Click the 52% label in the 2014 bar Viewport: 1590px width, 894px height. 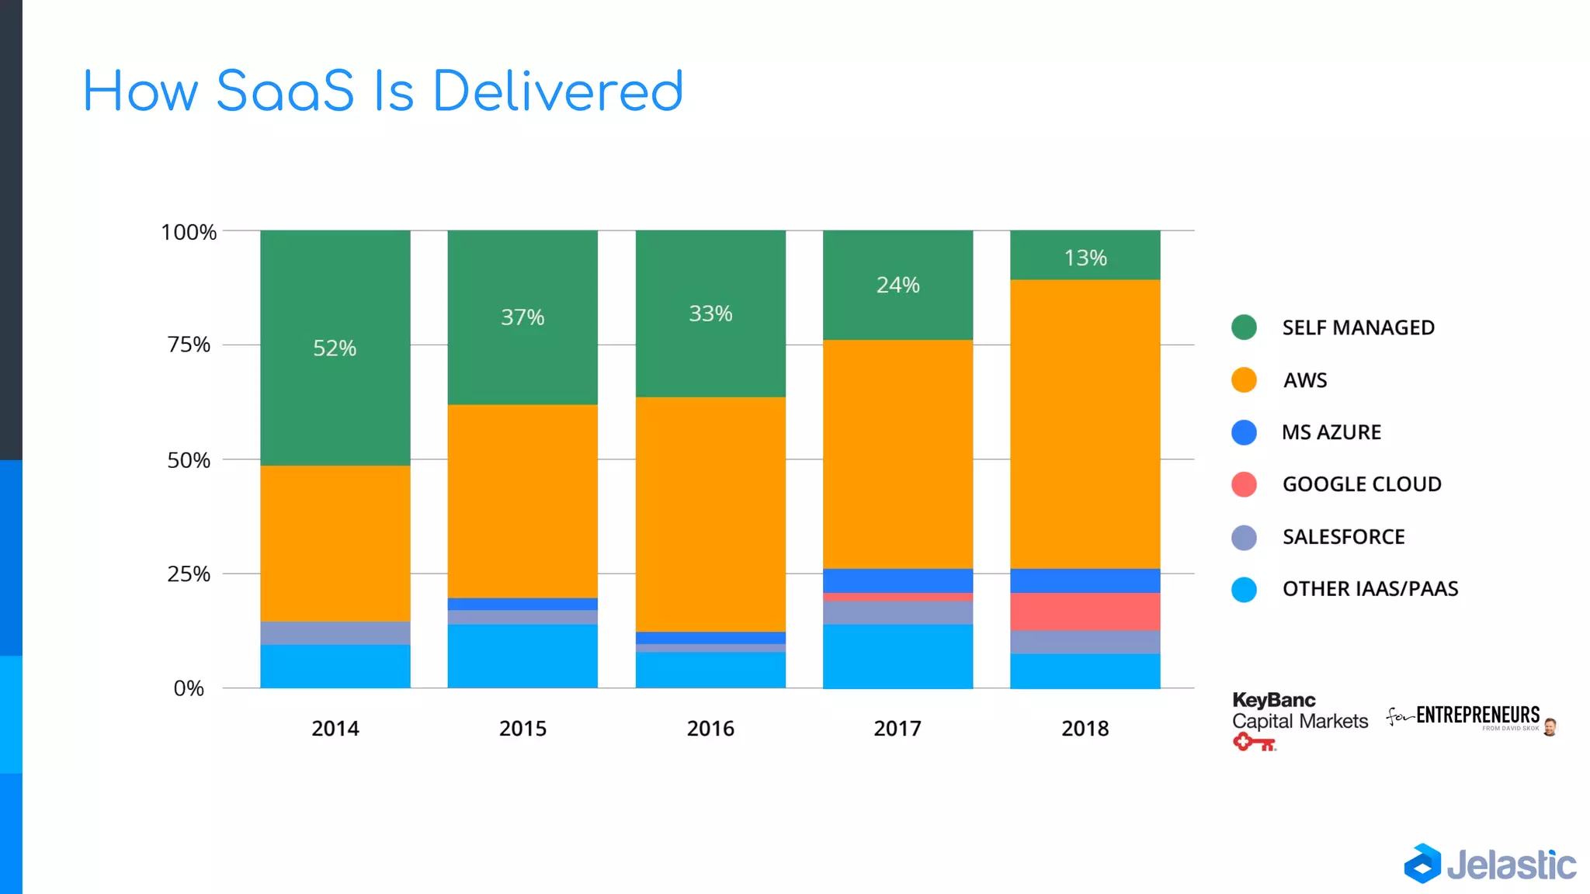tap(335, 348)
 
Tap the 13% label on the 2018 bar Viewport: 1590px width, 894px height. tap(1085, 258)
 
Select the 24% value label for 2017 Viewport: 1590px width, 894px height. tap(897, 285)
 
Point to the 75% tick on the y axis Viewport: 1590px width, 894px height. tap(189, 345)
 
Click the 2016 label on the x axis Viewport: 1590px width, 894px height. tap(710, 728)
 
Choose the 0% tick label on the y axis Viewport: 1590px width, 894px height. tap(189, 688)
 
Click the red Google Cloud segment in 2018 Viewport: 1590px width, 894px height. tap(1085, 612)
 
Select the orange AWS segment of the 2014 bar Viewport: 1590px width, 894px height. tap(335, 543)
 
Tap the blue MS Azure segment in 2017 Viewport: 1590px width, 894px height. tap(897, 580)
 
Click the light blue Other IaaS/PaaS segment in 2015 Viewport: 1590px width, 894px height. tap(522, 656)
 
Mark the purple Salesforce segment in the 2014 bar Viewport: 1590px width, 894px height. tap(335, 632)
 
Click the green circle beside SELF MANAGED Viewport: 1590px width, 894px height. tap(1244, 327)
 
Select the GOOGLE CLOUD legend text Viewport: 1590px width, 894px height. tap(1361, 484)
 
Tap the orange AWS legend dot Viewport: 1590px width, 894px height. tap(1244, 379)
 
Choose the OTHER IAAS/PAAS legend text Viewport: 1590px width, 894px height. tap(1370, 589)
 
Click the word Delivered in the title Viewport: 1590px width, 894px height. tap(557, 92)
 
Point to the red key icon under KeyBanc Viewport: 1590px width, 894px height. tap(1253, 743)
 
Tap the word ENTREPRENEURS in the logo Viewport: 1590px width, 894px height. tap(1477, 715)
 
